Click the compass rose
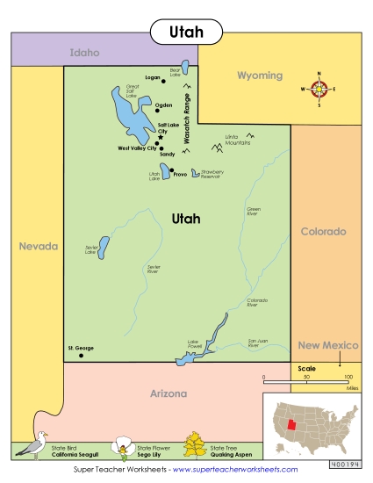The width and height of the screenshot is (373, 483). (x=319, y=89)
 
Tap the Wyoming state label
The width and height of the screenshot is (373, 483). (x=260, y=76)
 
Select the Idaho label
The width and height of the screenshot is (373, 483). (x=84, y=53)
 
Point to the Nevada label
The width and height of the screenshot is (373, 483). (x=39, y=246)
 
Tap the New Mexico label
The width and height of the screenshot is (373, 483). (x=328, y=346)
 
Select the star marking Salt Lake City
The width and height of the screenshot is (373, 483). (x=161, y=138)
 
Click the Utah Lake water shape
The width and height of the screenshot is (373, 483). (x=164, y=170)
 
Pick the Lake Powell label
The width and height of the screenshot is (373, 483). (x=195, y=343)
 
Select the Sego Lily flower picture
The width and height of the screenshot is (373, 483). (x=120, y=448)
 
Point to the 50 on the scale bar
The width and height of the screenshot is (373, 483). (x=306, y=376)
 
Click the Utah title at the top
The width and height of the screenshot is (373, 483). (x=185, y=33)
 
